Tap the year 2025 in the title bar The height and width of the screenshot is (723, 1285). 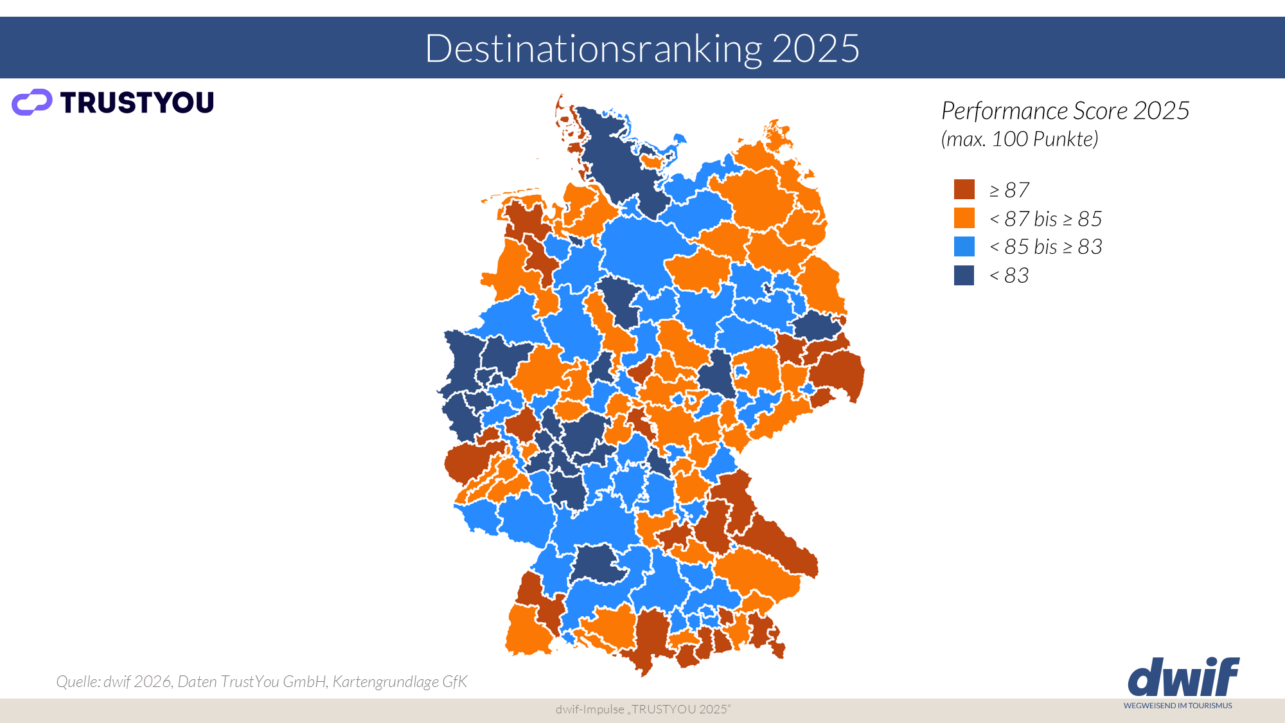coord(815,48)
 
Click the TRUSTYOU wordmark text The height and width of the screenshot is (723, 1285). coord(137,103)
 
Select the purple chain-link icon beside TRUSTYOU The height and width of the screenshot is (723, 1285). coord(31,102)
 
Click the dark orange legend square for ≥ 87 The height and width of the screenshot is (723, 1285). coord(964,190)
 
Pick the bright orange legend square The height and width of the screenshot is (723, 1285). coord(964,218)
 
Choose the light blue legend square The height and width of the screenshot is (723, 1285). coord(964,246)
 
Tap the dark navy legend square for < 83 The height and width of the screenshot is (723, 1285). coord(964,275)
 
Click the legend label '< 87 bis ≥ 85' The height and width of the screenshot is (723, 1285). coord(1045,219)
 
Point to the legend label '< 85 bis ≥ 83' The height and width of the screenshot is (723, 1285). coord(1045,247)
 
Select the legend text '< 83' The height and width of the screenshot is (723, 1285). coord(1009,276)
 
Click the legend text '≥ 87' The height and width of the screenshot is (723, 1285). coord(1009,190)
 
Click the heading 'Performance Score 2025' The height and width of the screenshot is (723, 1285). coord(1065,111)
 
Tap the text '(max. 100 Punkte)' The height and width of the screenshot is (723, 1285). coord(1020,139)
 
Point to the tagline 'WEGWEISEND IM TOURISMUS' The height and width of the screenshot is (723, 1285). coord(1178,706)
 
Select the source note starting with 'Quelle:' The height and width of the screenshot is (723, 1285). coord(261,681)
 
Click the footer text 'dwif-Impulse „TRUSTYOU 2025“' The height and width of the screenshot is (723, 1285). coord(642,710)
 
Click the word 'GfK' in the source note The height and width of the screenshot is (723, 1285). coord(455,681)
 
